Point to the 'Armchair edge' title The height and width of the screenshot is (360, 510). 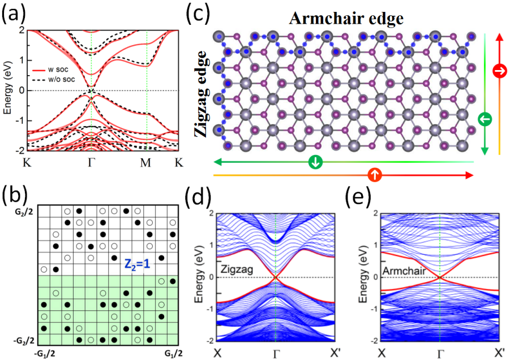[346, 19]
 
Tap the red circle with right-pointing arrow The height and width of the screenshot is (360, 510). [500, 71]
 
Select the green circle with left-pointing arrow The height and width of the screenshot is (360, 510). [485, 119]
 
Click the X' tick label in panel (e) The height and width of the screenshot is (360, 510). [499, 353]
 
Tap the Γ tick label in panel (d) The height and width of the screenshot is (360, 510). [276, 353]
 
